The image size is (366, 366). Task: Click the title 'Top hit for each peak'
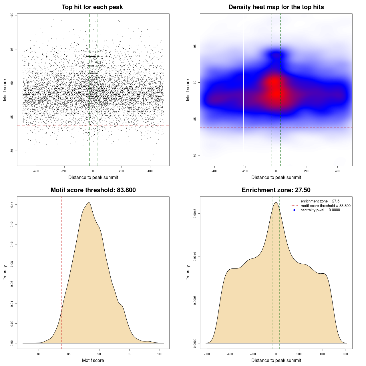click(x=92, y=7)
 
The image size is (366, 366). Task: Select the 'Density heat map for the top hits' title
click(x=276, y=7)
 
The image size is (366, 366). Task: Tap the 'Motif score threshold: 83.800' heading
click(x=93, y=190)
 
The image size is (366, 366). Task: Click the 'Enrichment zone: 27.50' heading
click(x=276, y=190)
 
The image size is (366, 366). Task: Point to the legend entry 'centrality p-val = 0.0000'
click(x=320, y=210)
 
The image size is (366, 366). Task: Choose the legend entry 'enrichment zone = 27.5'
click(x=320, y=201)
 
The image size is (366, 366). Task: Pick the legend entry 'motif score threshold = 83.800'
click(x=325, y=206)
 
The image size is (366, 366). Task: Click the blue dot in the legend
click(x=294, y=210)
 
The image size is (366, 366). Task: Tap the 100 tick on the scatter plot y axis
click(x=12, y=15)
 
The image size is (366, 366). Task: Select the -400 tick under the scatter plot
click(x=36, y=171)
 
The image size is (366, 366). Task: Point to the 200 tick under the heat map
click(x=307, y=171)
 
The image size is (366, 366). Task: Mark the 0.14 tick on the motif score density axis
click(x=12, y=205)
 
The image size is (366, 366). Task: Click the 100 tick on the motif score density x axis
click(x=160, y=354)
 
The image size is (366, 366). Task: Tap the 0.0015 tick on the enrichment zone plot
click(x=195, y=214)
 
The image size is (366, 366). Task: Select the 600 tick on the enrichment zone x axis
click(x=345, y=354)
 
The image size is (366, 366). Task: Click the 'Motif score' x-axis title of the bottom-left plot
click(x=93, y=360)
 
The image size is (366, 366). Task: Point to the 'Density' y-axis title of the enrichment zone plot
click(x=188, y=272)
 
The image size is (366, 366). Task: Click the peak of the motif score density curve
click(x=89, y=202)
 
